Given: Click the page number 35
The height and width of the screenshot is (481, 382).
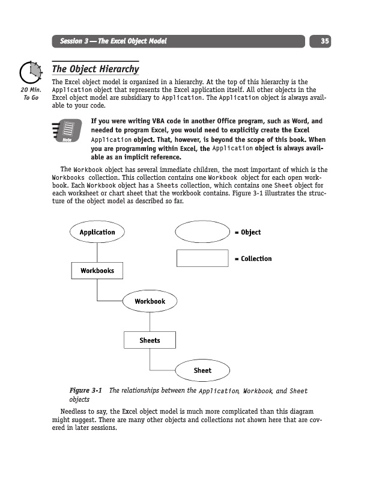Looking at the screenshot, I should (324, 41).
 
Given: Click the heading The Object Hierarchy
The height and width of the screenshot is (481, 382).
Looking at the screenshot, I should (95, 69).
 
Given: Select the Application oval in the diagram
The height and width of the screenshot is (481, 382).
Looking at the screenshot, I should (97, 232).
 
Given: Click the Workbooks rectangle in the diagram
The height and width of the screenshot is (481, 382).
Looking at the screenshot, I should (97, 271).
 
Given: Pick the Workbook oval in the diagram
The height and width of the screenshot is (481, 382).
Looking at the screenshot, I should (150, 301).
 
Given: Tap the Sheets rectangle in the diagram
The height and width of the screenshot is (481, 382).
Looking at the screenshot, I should (150, 340).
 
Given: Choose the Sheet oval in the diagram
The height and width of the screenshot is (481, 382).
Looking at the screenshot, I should (202, 370).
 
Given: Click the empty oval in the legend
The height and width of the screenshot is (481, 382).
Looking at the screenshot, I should (202, 232).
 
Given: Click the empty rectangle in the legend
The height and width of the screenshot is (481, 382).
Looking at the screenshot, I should (202, 259).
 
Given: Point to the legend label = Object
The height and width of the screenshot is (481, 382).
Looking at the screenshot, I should (247, 232).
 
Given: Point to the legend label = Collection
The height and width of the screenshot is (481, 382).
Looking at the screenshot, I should (253, 259).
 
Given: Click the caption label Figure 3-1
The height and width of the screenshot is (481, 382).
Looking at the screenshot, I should (86, 391).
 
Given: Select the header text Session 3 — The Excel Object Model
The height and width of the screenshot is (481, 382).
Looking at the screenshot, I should (113, 41).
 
